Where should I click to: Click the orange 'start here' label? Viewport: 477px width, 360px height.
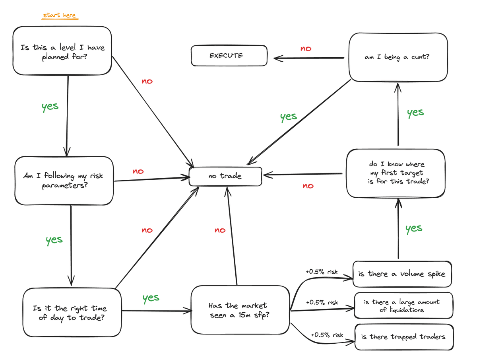click(x=59, y=15)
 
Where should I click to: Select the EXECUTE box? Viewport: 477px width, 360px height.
click(x=229, y=55)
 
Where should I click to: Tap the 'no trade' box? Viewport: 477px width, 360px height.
click(x=225, y=176)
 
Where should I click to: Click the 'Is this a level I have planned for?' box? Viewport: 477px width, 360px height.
click(x=62, y=51)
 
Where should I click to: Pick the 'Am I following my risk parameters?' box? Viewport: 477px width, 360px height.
click(x=64, y=181)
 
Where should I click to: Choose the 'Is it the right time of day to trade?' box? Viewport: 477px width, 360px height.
click(x=72, y=312)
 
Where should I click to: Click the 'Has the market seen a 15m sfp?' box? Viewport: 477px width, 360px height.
click(x=240, y=310)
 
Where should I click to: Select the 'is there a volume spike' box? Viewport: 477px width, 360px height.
click(x=402, y=274)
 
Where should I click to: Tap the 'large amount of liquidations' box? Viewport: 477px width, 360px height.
click(x=403, y=306)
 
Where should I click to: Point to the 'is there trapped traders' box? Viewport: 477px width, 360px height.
click(x=404, y=337)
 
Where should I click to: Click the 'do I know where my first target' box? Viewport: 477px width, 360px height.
click(x=396, y=173)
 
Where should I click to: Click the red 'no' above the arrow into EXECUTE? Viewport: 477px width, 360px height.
click(x=306, y=49)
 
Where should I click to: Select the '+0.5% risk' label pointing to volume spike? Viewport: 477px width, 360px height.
click(x=322, y=272)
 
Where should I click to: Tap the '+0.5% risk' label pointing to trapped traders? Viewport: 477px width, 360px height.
click(x=327, y=335)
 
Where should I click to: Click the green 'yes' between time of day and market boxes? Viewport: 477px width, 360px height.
click(x=151, y=298)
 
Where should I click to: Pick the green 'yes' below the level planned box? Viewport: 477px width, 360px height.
click(x=50, y=107)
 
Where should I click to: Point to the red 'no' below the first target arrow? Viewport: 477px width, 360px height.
click(x=308, y=186)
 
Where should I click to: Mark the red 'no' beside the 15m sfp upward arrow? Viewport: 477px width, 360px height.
click(x=220, y=230)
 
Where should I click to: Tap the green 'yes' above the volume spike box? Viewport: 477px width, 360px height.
click(x=414, y=228)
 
